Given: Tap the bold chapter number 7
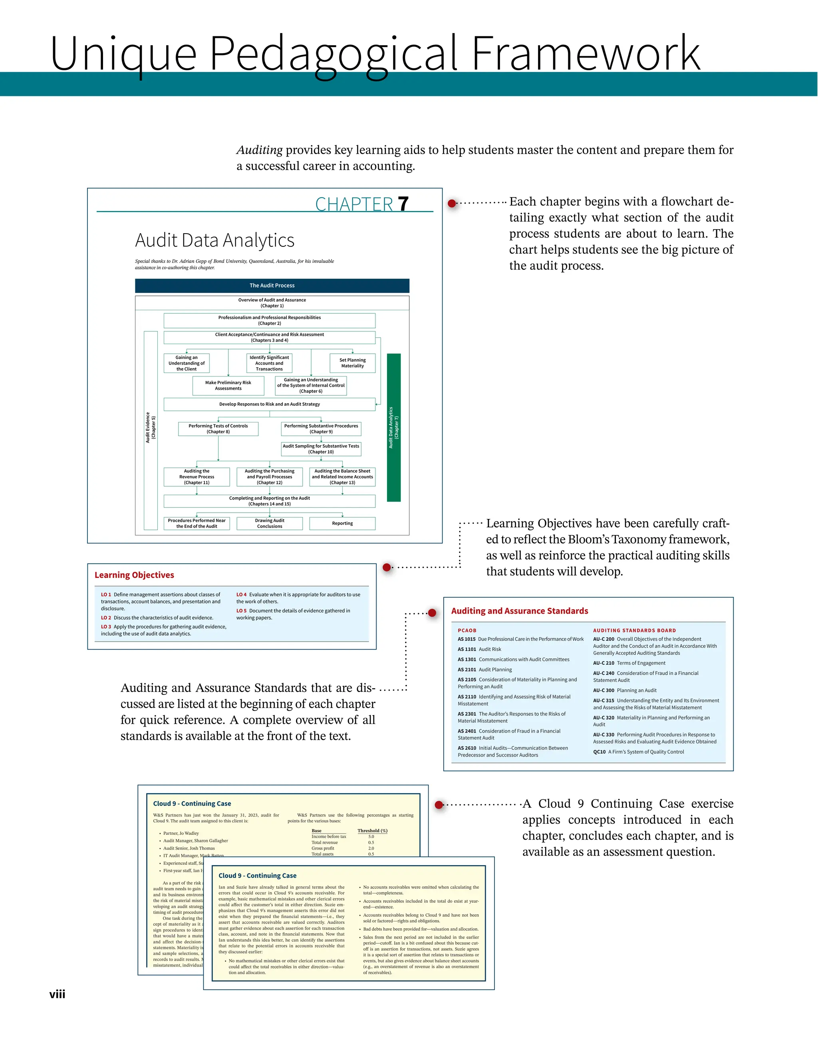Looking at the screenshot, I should [403, 204].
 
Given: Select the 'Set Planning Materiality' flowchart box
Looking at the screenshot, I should [352, 363].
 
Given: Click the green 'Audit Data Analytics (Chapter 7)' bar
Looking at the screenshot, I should [393, 427].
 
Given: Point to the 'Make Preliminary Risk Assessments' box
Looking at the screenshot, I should [228, 386].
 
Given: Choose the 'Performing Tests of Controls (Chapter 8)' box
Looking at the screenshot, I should [218, 429].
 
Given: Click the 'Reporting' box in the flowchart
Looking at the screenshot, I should [342, 523].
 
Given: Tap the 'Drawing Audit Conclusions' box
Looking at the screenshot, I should [269, 523].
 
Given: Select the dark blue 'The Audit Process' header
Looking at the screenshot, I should [272, 285].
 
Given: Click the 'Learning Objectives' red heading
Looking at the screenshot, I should [134, 575].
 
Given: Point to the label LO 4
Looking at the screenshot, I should [241, 594].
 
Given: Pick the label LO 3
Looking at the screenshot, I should [106, 626].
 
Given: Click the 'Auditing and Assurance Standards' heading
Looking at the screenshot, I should [520, 611].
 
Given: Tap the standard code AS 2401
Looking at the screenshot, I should [467, 731].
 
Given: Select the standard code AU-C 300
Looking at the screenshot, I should [604, 690].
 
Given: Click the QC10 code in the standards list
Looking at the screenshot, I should [599, 752].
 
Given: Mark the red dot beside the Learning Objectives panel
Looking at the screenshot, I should [387, 568].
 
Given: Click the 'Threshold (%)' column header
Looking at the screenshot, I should [372, 830].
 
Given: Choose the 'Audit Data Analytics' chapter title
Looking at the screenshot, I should [214, 240].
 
